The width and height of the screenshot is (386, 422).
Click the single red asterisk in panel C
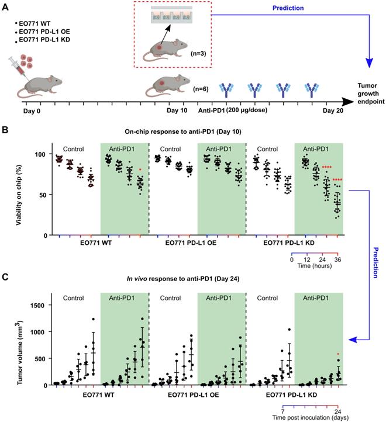pos(337,354)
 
